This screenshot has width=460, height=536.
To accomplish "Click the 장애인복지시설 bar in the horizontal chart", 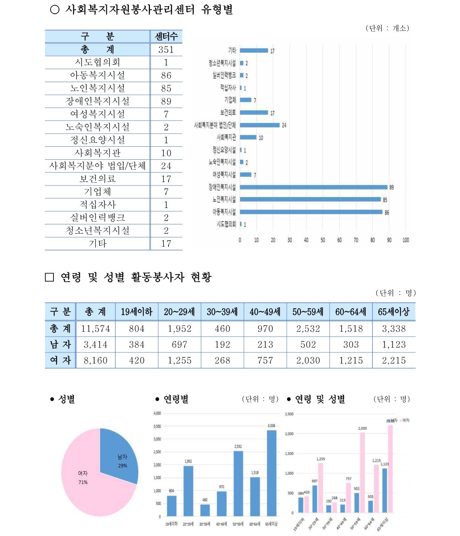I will (x=314, y=187).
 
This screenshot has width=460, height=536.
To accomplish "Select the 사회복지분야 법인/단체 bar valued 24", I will (x=260, y=125).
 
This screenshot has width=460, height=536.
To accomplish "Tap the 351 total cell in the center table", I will (x=166, y=49).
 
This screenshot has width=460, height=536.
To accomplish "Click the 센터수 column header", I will (x=166, y=36).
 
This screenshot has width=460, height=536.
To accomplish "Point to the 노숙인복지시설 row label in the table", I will (x=98, y=127).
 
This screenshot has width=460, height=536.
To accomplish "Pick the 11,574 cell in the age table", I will (x=95, y=329).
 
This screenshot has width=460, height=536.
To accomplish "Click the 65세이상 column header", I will (x=394, y=312).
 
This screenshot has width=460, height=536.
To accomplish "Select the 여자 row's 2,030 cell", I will (x=308, y=360).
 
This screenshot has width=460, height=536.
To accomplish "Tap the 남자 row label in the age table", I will (x=60, y=345).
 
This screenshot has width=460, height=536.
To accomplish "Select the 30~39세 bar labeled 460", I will (x=205, y=510).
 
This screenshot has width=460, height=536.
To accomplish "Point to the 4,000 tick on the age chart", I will (x=157, y=413).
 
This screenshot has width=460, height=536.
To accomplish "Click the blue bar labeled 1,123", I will (x=385, y=490).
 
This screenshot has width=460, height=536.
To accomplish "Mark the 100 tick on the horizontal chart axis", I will (x=406, y=240).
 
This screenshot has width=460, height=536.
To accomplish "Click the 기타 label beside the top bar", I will (x=232, y=51).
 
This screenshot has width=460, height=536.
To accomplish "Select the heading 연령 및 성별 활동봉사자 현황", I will (x=136, y=277).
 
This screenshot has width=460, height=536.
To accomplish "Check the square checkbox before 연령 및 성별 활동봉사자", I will (x=49, y=277).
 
